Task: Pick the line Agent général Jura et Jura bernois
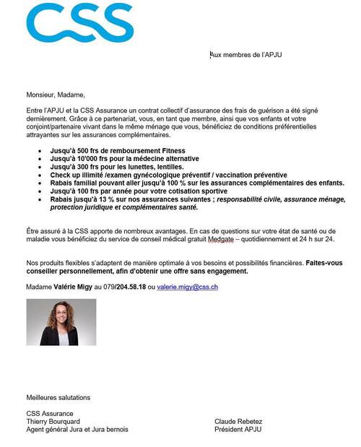coord(77,429)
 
